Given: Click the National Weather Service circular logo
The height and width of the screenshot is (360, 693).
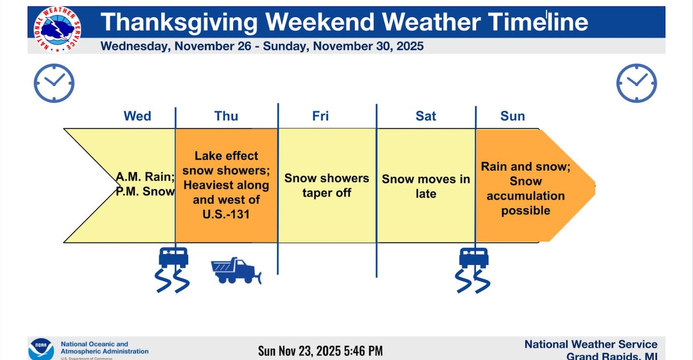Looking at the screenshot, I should coord(57,29).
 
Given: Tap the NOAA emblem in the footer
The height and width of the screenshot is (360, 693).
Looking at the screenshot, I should coord(41,349).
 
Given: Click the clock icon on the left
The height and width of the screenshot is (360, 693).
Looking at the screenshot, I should coord(54,83).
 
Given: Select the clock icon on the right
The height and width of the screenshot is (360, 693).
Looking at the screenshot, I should coord(636,83).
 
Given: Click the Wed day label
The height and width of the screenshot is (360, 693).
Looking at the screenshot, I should coord(138,116).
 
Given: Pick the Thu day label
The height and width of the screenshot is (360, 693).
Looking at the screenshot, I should coord(226,116).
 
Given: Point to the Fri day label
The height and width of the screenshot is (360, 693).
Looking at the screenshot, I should coord(321,116).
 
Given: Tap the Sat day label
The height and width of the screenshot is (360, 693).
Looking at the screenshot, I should coord(426,116).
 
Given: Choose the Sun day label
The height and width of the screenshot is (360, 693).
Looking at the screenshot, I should coord(512,116).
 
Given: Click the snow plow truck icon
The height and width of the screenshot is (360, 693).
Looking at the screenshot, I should coord(236,271).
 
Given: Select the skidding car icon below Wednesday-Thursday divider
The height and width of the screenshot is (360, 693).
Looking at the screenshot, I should coord(173,269).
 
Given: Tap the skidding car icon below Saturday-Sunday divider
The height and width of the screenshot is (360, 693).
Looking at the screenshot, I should coord(474,269).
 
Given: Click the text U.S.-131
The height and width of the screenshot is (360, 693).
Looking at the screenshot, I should coord(226,214).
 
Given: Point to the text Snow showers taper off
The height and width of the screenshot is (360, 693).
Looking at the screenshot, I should coord(326,185).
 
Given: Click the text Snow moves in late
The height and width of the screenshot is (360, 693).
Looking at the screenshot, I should coord(426,186).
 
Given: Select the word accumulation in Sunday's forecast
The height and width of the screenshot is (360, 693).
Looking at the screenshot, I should coord(525,196).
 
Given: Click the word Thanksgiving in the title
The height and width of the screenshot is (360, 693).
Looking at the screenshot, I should coord(179,22).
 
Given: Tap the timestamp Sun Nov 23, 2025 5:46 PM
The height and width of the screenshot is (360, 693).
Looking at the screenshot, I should coord(321,351).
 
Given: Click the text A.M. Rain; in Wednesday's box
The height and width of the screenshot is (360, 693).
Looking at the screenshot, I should coord(145,176).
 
